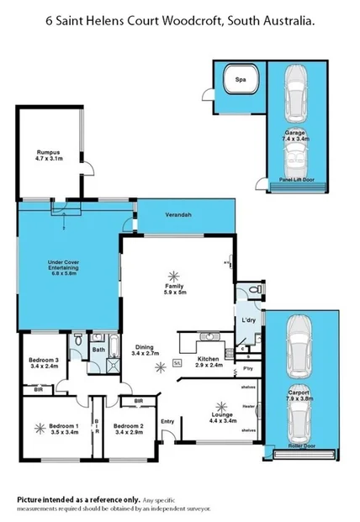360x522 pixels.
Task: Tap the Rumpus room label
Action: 50,151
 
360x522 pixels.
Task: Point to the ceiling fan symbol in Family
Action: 174,274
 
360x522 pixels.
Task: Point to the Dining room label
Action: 146,347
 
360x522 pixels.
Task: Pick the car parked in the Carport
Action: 302,345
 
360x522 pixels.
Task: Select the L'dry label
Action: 249,321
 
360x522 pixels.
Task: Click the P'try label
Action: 247,368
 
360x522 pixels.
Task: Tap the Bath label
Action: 98,349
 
